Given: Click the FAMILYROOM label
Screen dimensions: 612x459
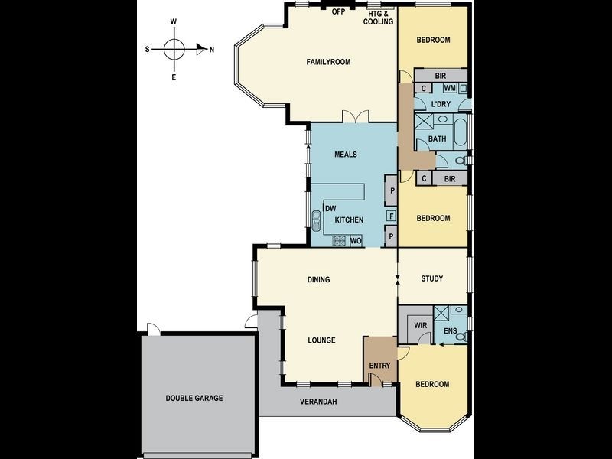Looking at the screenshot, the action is [328, 62].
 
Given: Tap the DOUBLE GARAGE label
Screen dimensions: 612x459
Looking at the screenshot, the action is [194, 398].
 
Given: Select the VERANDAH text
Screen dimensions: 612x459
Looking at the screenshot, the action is [318, 401].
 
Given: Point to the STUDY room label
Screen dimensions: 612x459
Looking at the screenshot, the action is [432, 278].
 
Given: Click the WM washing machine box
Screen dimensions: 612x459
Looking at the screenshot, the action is [450, 88].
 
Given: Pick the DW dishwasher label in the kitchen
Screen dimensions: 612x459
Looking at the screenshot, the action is [330, 208].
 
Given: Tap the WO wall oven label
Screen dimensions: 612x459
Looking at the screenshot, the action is [356, 241].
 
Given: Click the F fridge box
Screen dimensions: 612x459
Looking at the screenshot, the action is [392, 216].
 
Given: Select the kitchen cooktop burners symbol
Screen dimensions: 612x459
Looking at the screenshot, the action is [339, 241].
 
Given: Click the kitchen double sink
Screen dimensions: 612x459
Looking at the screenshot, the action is [316, 221].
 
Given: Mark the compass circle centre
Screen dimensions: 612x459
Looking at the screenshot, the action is [174, 50].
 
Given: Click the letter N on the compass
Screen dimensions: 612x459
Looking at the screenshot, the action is [212, 50].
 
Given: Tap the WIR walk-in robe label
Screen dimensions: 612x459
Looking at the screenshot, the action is [420, 326].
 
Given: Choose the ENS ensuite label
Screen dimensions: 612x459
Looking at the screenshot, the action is [451, 331].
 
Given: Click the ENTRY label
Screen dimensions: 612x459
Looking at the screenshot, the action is [379, 366].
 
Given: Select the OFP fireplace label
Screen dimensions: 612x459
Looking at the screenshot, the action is [338, 11].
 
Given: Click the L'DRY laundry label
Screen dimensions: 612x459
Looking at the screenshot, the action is [441, 104].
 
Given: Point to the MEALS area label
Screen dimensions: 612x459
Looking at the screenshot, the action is [346, 155].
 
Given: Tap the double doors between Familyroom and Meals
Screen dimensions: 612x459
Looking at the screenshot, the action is [356, 117].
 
